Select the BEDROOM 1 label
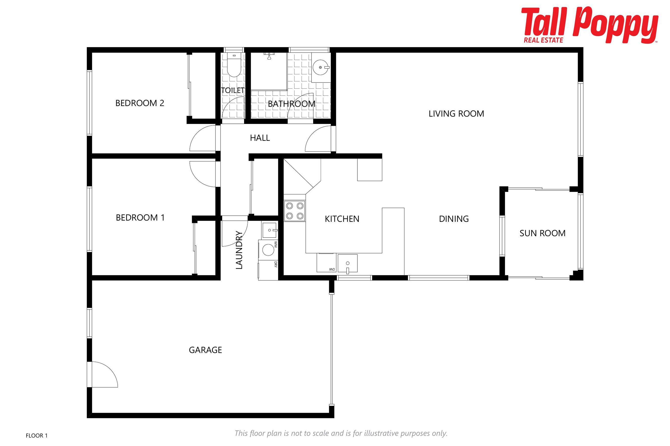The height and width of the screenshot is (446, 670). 140,218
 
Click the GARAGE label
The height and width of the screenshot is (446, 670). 205,350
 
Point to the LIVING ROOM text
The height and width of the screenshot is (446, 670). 456,114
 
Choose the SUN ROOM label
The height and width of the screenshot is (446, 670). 542,233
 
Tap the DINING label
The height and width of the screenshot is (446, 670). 454,219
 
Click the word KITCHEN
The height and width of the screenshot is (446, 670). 342,219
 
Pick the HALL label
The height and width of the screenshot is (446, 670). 260,138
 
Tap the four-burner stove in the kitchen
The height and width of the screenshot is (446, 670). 295,211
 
